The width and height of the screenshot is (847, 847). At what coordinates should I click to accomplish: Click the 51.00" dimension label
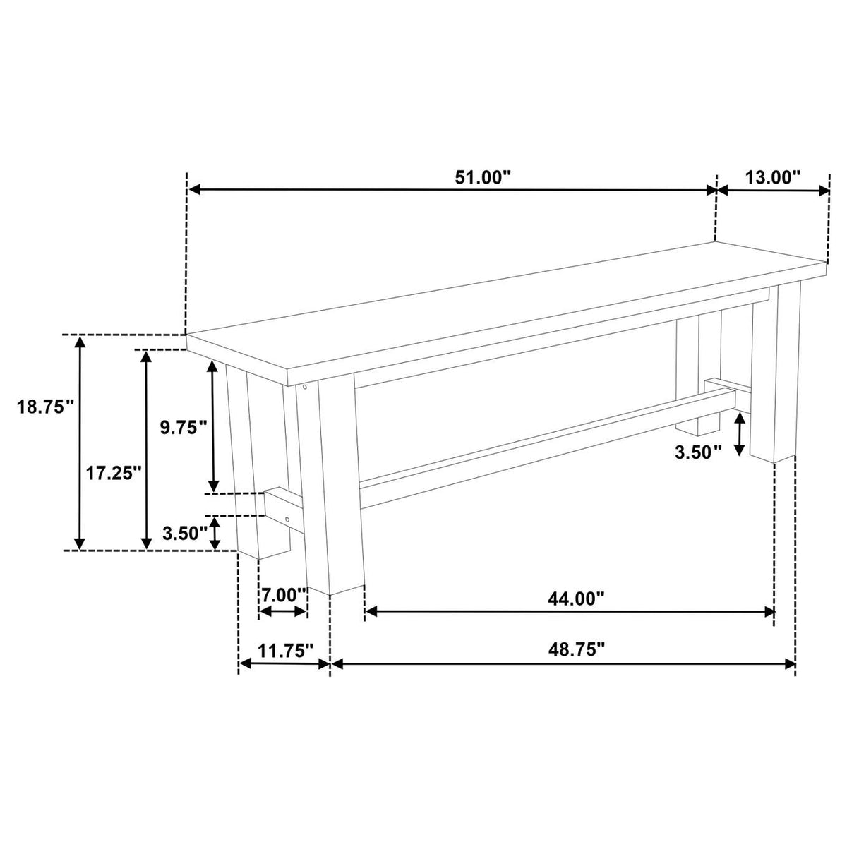pyautogui.click(x=483, y=178)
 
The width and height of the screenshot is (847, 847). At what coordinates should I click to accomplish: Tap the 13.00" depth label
pyautogui.click(x=773, y=178)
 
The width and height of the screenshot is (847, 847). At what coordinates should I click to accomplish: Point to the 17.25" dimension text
pyautogui.click(x=114, y=474)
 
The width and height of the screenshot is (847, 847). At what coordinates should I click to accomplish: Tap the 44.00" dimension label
pyautogui.click(x=576, y=599)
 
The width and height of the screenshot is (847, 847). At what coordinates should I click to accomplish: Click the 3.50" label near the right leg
pyautogui.click(x=699, y=452)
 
